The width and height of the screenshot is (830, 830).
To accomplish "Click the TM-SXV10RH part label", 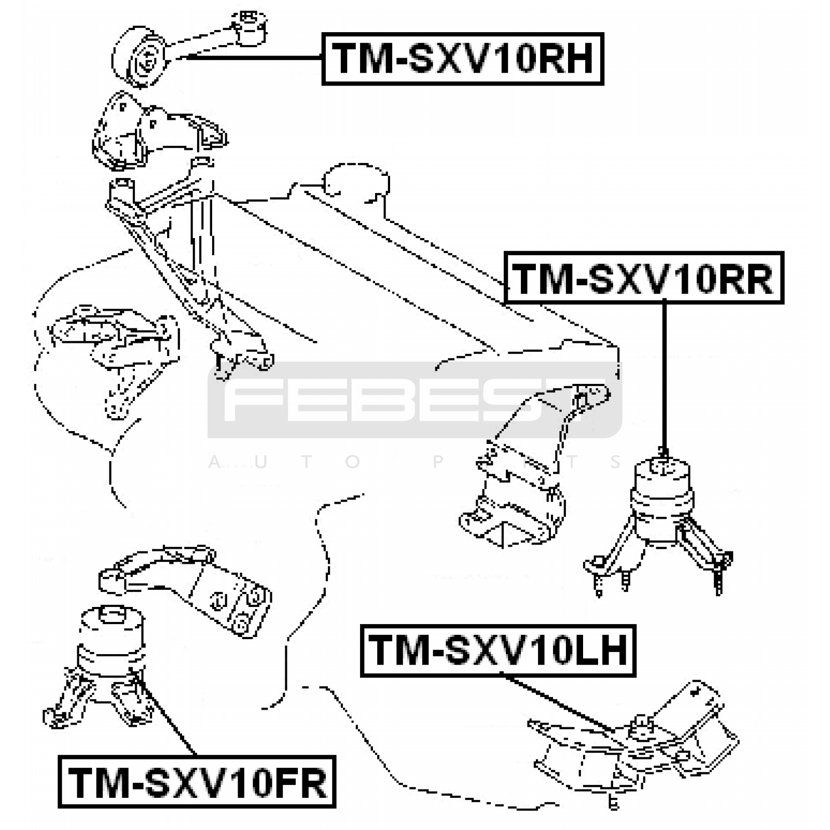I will tap(462, 59).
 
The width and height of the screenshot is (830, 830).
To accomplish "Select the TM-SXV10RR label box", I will tap(644, 278).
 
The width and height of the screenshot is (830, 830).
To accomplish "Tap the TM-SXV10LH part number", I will tap(498, 651).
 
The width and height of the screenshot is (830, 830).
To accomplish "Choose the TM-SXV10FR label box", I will tap(197, 782).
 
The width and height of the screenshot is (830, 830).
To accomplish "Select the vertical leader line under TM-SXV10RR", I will tap(664, 374).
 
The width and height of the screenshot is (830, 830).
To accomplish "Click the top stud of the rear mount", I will tap(663, 454).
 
